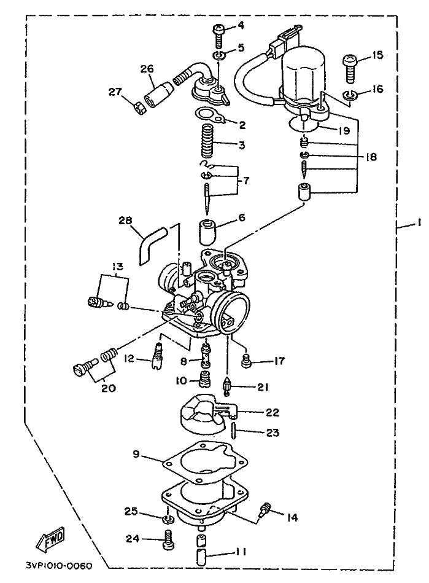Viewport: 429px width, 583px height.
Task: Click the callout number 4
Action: pyautogui.click(x=241, y=25)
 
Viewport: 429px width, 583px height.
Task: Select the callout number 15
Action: pyautogui.click(x=377, y=55)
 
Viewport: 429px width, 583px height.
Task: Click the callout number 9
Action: pyautogui.click(x=136, y=455)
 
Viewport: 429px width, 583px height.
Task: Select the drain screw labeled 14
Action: pyautogui.click(x=266, y=510)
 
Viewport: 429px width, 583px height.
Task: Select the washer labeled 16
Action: pyautogui.click(x=349, y=94)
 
